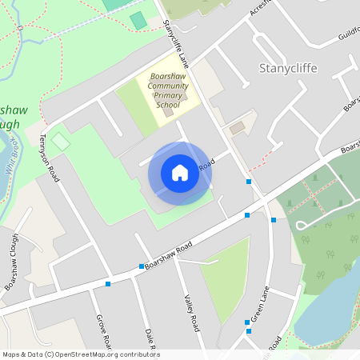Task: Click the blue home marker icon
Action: pyautogui.click(x=179, y=173)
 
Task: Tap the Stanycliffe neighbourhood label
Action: pyautogui.click(x=288, y=68)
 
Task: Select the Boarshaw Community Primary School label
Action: pyautogui.click(x=168, y=90)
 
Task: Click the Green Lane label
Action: pyautogui.click(x=260, y=307)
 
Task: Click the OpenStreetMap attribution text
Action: pyautogui.click(x=81, y=354)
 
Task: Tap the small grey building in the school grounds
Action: pyautogui.click(x=168, y=113)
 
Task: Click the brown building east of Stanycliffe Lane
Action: pyautogui.click(x=237, y=128)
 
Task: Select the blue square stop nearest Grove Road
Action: pyautogui.click(x=108, y=283)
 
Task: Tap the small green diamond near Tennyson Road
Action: pyautogui.click(x=61, y=141)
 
